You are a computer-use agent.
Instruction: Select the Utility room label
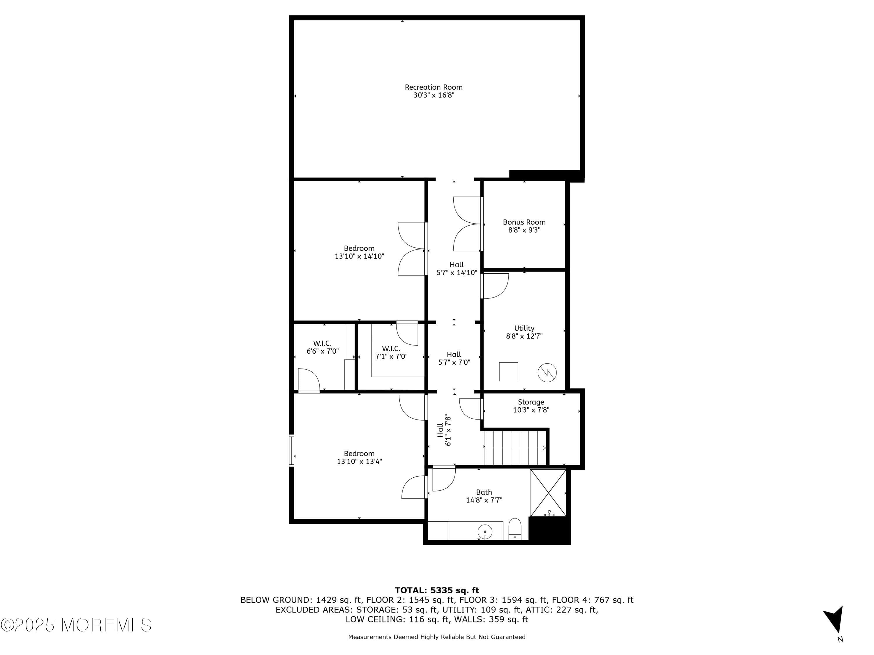[524, 328]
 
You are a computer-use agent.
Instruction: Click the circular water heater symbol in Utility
[547, 372]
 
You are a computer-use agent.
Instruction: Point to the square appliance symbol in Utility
[508, 371]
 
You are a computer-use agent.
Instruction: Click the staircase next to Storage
[515, 448]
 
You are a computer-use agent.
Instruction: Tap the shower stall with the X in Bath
[548, 493]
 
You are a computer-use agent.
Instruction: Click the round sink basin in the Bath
[485, 532]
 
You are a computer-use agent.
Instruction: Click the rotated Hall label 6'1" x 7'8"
[444, 430]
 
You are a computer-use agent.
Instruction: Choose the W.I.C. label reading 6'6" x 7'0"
[323, 347]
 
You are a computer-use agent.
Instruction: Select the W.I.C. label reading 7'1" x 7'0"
[391, 353]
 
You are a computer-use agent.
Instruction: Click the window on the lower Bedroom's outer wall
[292, 450]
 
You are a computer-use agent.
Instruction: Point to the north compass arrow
[834, 619]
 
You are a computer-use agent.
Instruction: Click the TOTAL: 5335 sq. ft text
[437, 590]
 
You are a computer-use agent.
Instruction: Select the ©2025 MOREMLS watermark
[76, 625]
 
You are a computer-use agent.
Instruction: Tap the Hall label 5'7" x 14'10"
[457, 268]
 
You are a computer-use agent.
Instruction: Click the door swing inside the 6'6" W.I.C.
[308, 380]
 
